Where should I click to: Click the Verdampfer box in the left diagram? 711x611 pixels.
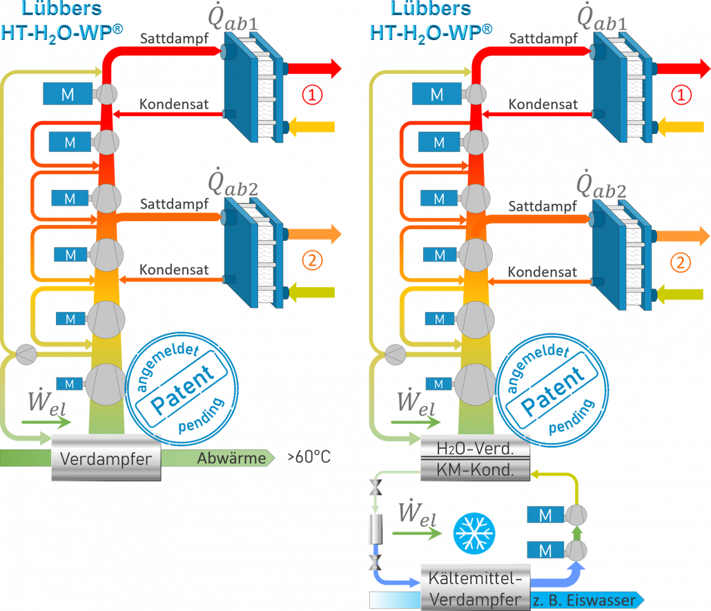(x=106, y=458)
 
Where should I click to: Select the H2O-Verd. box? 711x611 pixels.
(x=475, y=449)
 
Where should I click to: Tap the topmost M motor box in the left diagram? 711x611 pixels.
(x=68, y=95)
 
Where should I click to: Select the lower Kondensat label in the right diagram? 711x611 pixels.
(x=543, y=271)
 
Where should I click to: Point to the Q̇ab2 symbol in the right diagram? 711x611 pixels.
(x=602, y=184)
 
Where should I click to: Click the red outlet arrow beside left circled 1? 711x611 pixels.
(x=314, y=68)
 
